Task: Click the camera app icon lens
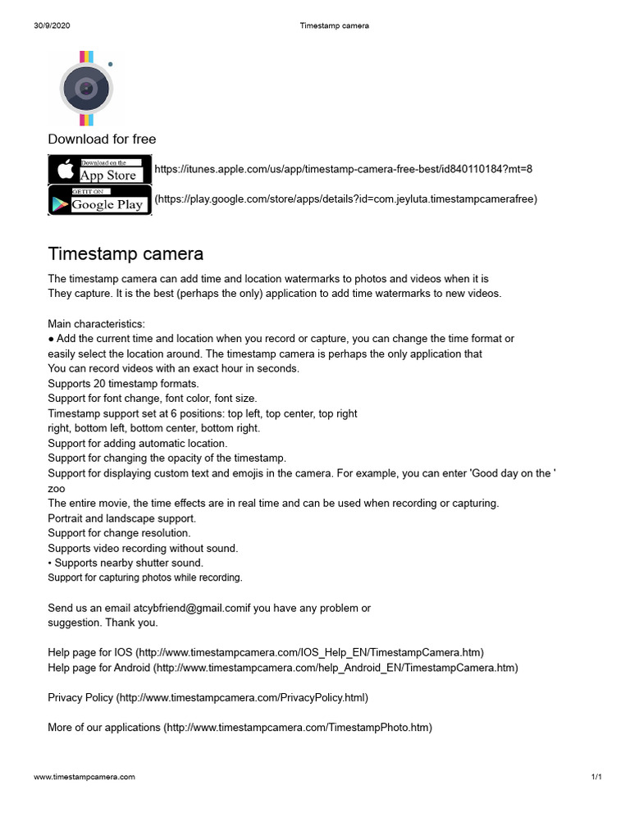click(86, 88)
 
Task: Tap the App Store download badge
click(100, 170)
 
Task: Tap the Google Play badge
click(100, 200)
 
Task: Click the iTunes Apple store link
click(344, 169)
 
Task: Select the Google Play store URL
click(346, 199)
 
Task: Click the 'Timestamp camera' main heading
click(126, 253)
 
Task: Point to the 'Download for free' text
click(102, 139)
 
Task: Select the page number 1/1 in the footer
click(596, 776)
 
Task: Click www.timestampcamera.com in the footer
click(84, 776)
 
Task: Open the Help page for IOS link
click(266, 652)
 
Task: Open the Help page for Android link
click(283, 668)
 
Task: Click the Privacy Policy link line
click(208, 697)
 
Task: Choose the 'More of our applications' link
click(240, 727)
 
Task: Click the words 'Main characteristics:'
click(96, 324)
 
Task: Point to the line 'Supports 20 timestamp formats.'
click(123, 383)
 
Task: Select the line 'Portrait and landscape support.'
click(121, 518)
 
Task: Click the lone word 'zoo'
click(56, 487)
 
